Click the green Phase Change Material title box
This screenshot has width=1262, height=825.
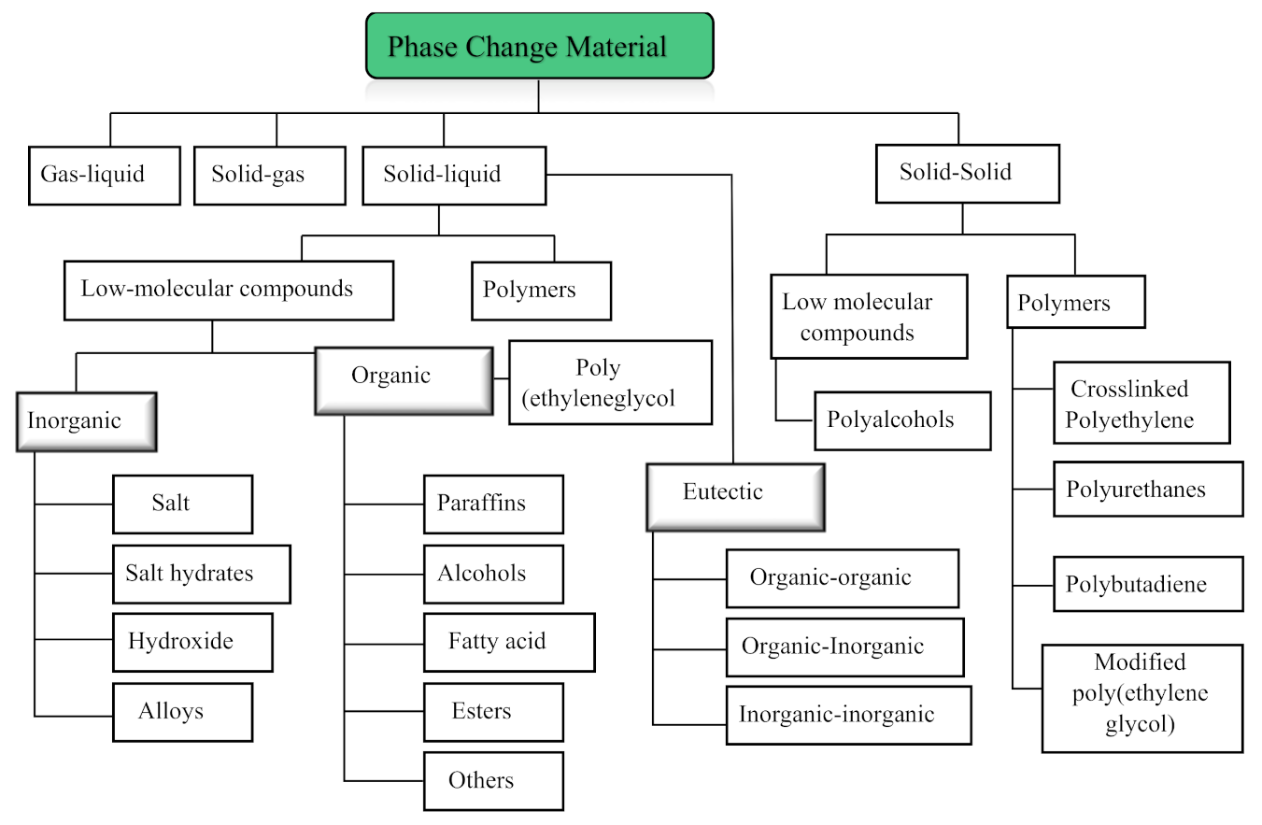click(x=539, y=45)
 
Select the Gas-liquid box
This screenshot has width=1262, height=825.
click(x=104, y=175)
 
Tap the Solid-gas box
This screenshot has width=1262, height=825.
click(x=270, y=175)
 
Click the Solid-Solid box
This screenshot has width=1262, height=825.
click(x=967, y=173)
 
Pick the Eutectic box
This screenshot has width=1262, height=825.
click(x=735, y=496)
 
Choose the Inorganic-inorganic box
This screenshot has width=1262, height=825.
click(x=848, y=715)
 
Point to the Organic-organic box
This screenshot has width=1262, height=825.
click(x=842, y=577)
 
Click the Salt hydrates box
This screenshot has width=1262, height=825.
click(x=201, y=574)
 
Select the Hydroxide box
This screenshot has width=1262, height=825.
click(x=192, y=642)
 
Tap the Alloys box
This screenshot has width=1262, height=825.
click(x=182, y=712)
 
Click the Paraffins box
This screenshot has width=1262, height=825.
click(x=493, y=504)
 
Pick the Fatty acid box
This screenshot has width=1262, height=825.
click(x=509, y=642)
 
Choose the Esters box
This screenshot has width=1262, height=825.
click(x=493, y=712)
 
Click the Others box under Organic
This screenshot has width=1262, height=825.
click(x=493, y=780)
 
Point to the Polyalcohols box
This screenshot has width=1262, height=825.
click(x=902, y=420)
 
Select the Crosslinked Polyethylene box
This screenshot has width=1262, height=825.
click(x=1141, y=403)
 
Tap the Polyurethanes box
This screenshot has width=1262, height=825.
click(x=1148, y=489)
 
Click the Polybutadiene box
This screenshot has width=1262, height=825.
click(x=1148, y=584)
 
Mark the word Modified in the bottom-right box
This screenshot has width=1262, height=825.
click(x=1141, y=662)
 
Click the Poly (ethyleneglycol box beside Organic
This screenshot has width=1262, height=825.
click(x=610, y=382)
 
